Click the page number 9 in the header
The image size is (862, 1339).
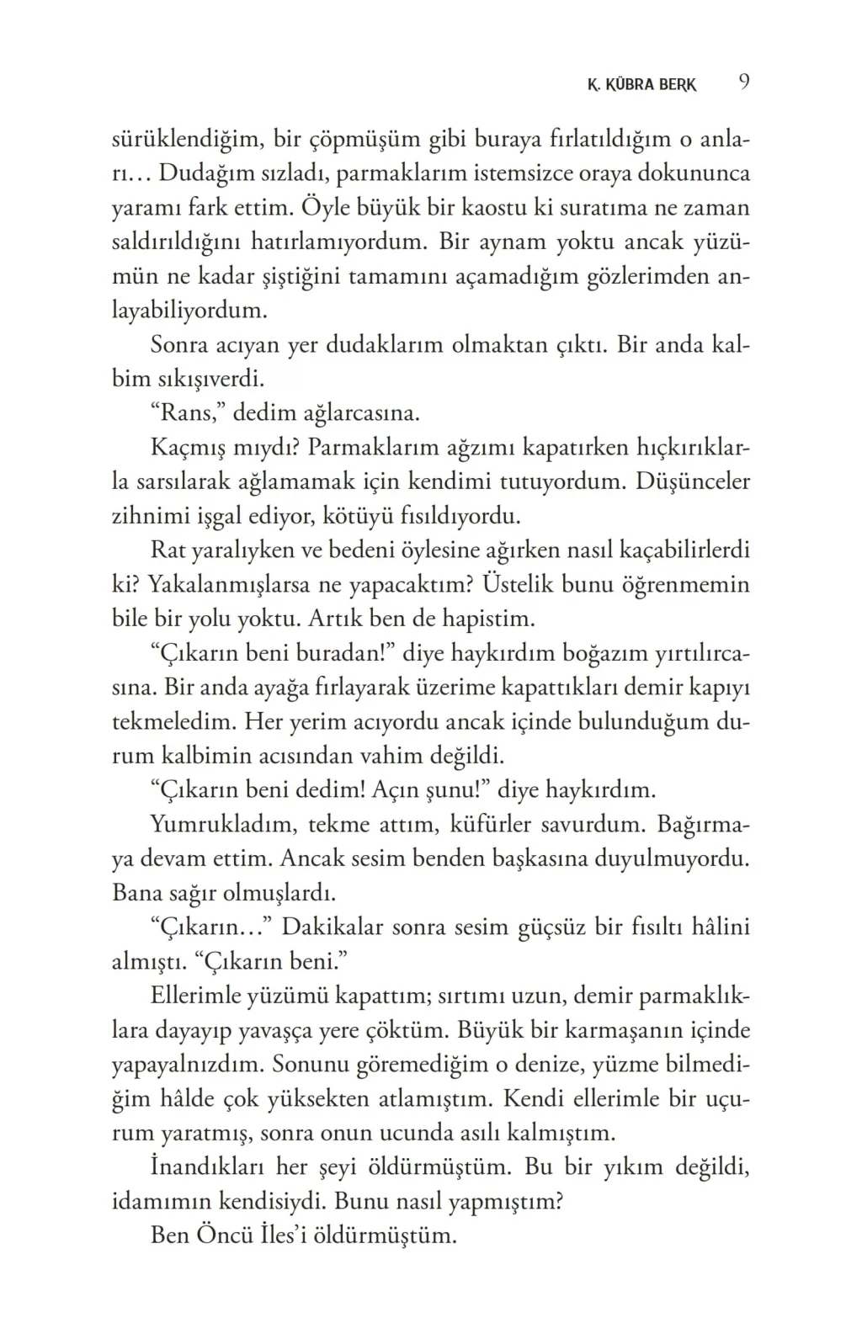coord(744,82)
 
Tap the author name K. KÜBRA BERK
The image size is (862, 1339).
coord(641,85)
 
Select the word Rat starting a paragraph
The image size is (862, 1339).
coord(168,550)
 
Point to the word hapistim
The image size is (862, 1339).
coord(492,619)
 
